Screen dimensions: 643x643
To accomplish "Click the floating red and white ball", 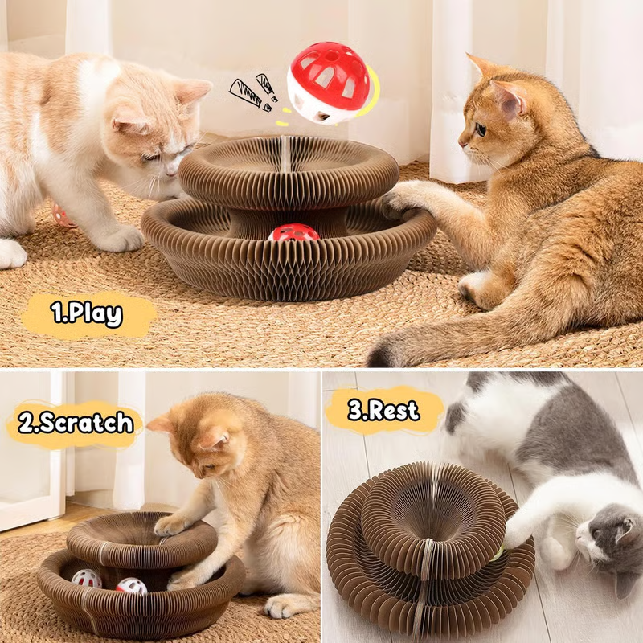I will tap(328, 82).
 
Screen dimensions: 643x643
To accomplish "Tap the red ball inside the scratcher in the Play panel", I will tap(293, 233).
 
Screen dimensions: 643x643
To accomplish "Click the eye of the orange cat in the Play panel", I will tap(480, 129).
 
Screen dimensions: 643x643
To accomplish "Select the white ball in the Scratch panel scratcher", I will tap(86, 578).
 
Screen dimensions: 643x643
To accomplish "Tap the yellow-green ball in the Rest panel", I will tap(499, 551).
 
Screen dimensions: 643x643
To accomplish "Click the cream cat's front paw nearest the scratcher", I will tap(121, 239).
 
